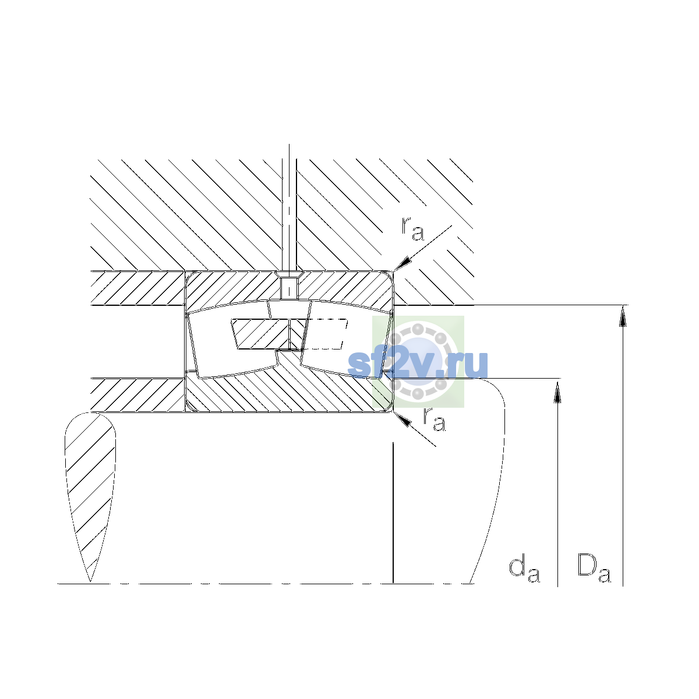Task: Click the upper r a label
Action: tap(412, 229)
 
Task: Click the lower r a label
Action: tap(434, 419)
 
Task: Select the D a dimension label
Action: tap(594, 568)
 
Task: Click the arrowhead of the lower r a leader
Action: tap(403, 419)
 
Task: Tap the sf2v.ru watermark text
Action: tap(418, 364)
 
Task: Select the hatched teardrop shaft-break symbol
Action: tap(90, 497)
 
